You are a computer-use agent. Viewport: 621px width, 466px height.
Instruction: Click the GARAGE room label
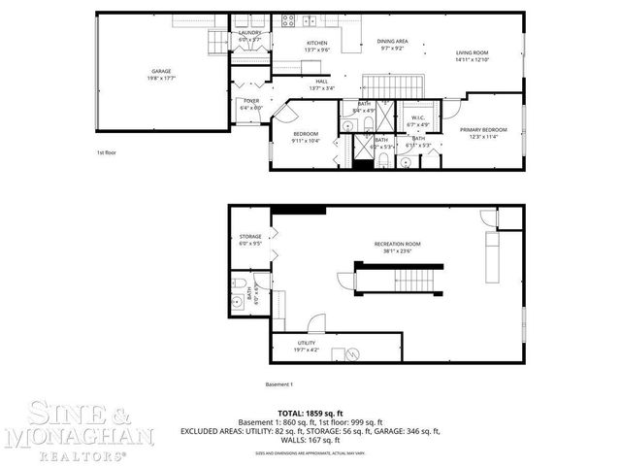(160, 72)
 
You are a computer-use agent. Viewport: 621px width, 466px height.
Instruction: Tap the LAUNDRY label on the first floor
(250, 33)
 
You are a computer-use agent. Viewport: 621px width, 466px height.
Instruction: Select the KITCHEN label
(317, 44)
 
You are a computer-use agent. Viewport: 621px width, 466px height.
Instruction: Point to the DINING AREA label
(392, 42)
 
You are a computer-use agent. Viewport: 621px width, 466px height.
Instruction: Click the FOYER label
(250, 102)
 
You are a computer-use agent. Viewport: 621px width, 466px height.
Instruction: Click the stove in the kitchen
(289, 20)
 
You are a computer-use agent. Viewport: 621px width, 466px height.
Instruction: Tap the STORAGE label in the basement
(250, 237)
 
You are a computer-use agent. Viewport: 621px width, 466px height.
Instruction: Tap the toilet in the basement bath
(239, 284)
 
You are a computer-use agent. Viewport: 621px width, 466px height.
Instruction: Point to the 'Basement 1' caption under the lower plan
(279, 383)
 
